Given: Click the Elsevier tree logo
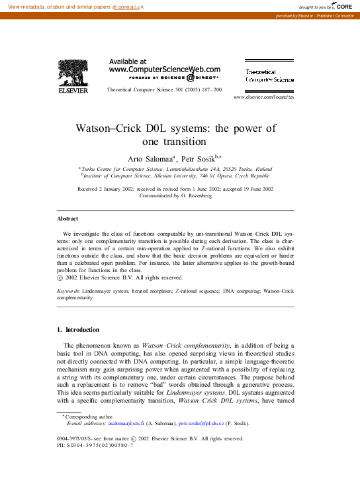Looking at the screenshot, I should (73, 74).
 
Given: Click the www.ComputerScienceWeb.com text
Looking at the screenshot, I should (164, 69).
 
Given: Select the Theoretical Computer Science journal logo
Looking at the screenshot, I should (269, 75).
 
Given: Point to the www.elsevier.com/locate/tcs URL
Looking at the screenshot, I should (263, 97).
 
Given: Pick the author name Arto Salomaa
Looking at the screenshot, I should (150, 158).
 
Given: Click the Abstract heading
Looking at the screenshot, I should (67, 219).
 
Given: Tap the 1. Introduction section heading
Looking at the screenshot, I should (78, 330).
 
